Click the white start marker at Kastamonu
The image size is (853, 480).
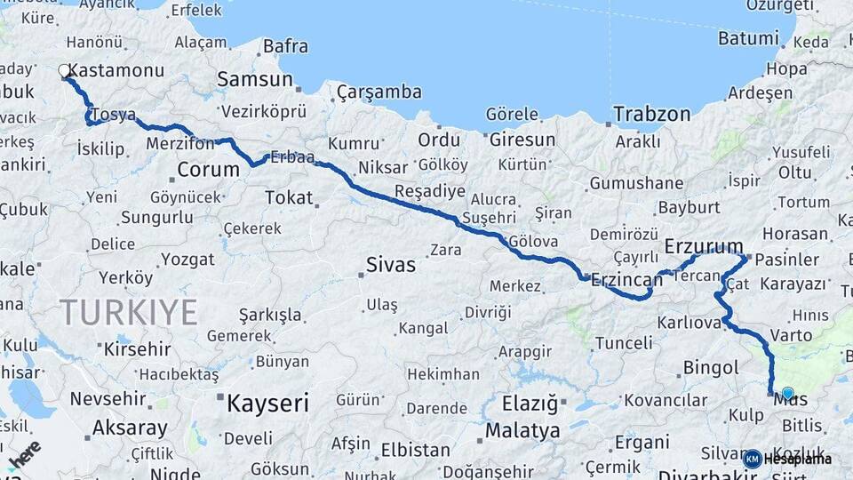[x=64, y=70]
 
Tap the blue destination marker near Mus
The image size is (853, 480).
[x=786, y=393]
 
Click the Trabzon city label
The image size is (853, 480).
[x=651, y=114]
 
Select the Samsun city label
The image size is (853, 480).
[x=255, y=79]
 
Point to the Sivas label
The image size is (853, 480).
[x=391, y=264]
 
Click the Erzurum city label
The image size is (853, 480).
[x=704, y=246]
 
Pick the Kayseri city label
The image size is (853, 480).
[x=267, y=404]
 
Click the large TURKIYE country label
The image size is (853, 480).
[x=129, y=312]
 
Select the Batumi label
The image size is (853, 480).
[x=747, y=38]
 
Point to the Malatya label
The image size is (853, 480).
[x=522, y=431]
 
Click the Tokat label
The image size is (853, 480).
[x=289, y=197]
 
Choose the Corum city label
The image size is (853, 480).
[x=208, y=169]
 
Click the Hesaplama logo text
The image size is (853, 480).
[x=797, y=459]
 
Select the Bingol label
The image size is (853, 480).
[x=711, y=367]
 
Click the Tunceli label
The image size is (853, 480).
[x=623, y=343]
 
